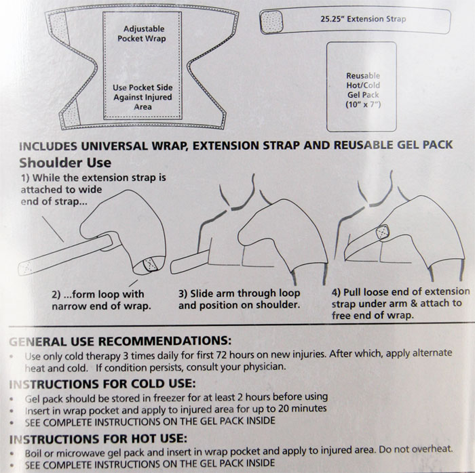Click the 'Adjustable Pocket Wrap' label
point(142,34)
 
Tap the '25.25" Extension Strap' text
point(363,19)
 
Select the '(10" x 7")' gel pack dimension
point(363,104)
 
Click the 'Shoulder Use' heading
point(65,163)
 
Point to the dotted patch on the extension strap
point(271,22)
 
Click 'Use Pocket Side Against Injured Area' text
point(142,97)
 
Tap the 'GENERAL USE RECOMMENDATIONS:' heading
point(120,341)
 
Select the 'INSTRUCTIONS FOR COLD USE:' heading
point(102,384)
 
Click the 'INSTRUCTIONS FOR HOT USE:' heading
point(98,439)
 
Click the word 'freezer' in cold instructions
point(169,398)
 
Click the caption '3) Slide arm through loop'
point(240,293)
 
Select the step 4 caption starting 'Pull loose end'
point(400,304)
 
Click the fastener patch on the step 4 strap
point(382,232)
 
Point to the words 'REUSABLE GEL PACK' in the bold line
point(394,145)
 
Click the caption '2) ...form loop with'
point(98,294)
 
